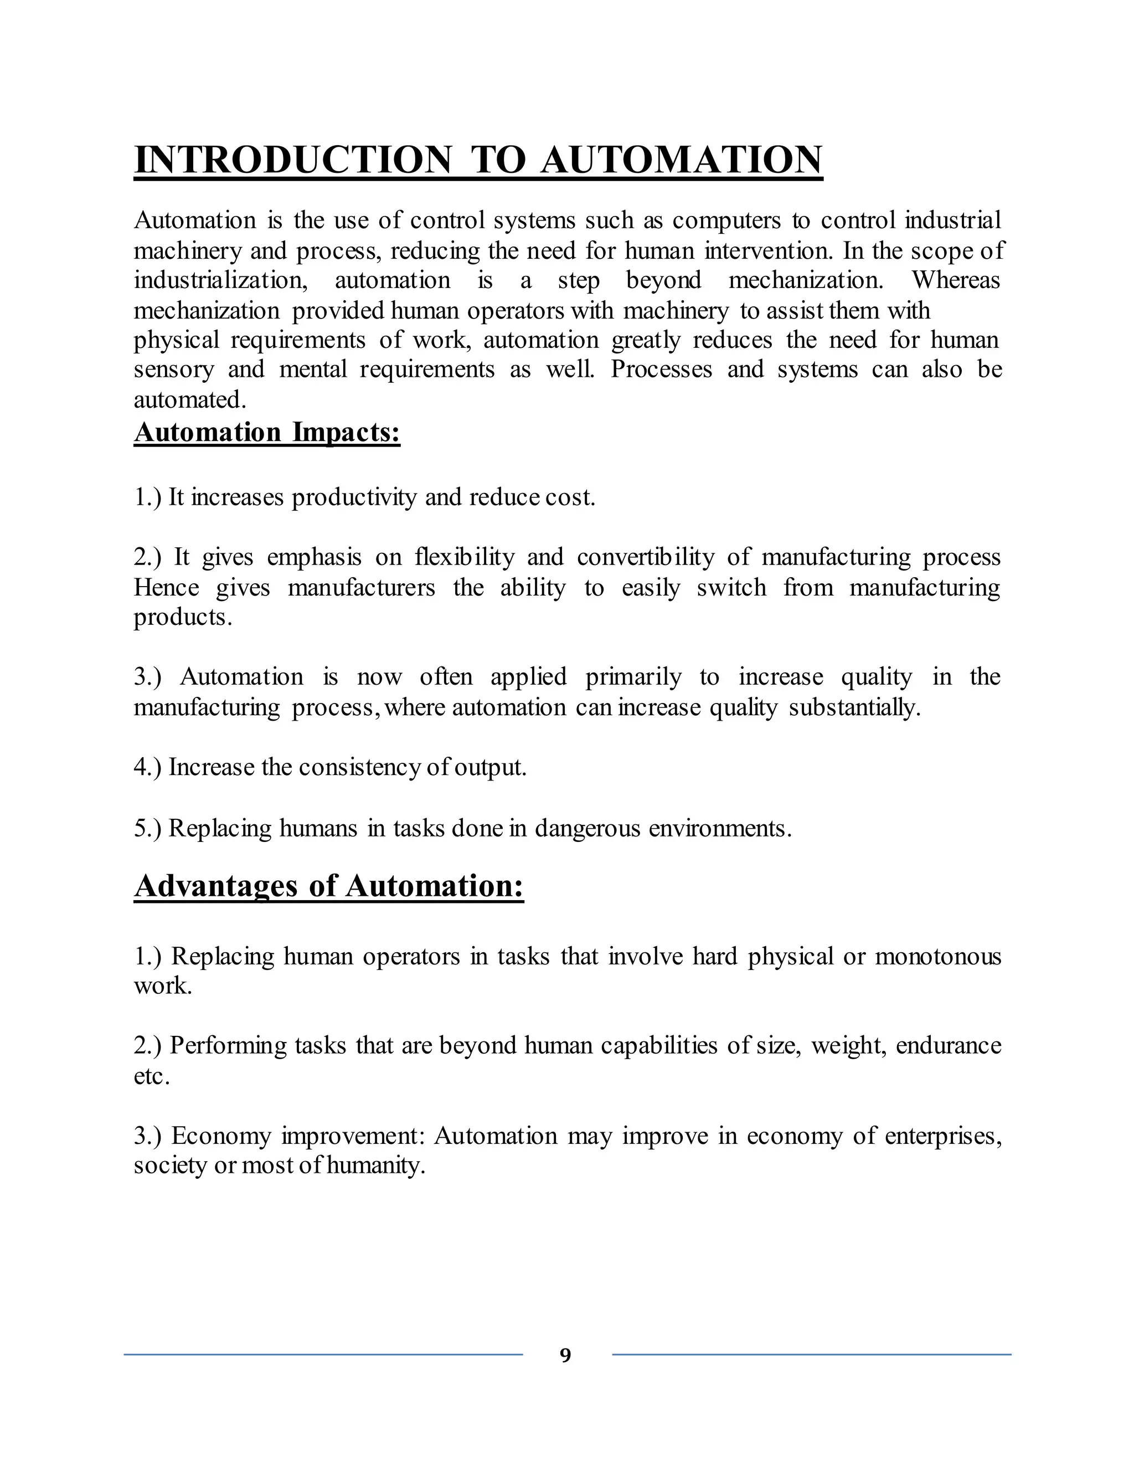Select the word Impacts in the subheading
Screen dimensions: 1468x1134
[346, 432]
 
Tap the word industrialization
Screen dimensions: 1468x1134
[220, 280]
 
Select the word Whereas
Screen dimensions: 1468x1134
[955, 280]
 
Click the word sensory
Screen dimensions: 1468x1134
[173, 369]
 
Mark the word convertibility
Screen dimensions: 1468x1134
[646, 557]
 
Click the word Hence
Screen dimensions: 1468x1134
[166, 587]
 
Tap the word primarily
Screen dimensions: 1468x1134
[633, 677]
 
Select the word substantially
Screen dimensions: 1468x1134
[854, 707]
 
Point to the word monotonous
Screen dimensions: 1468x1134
[938, 957]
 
